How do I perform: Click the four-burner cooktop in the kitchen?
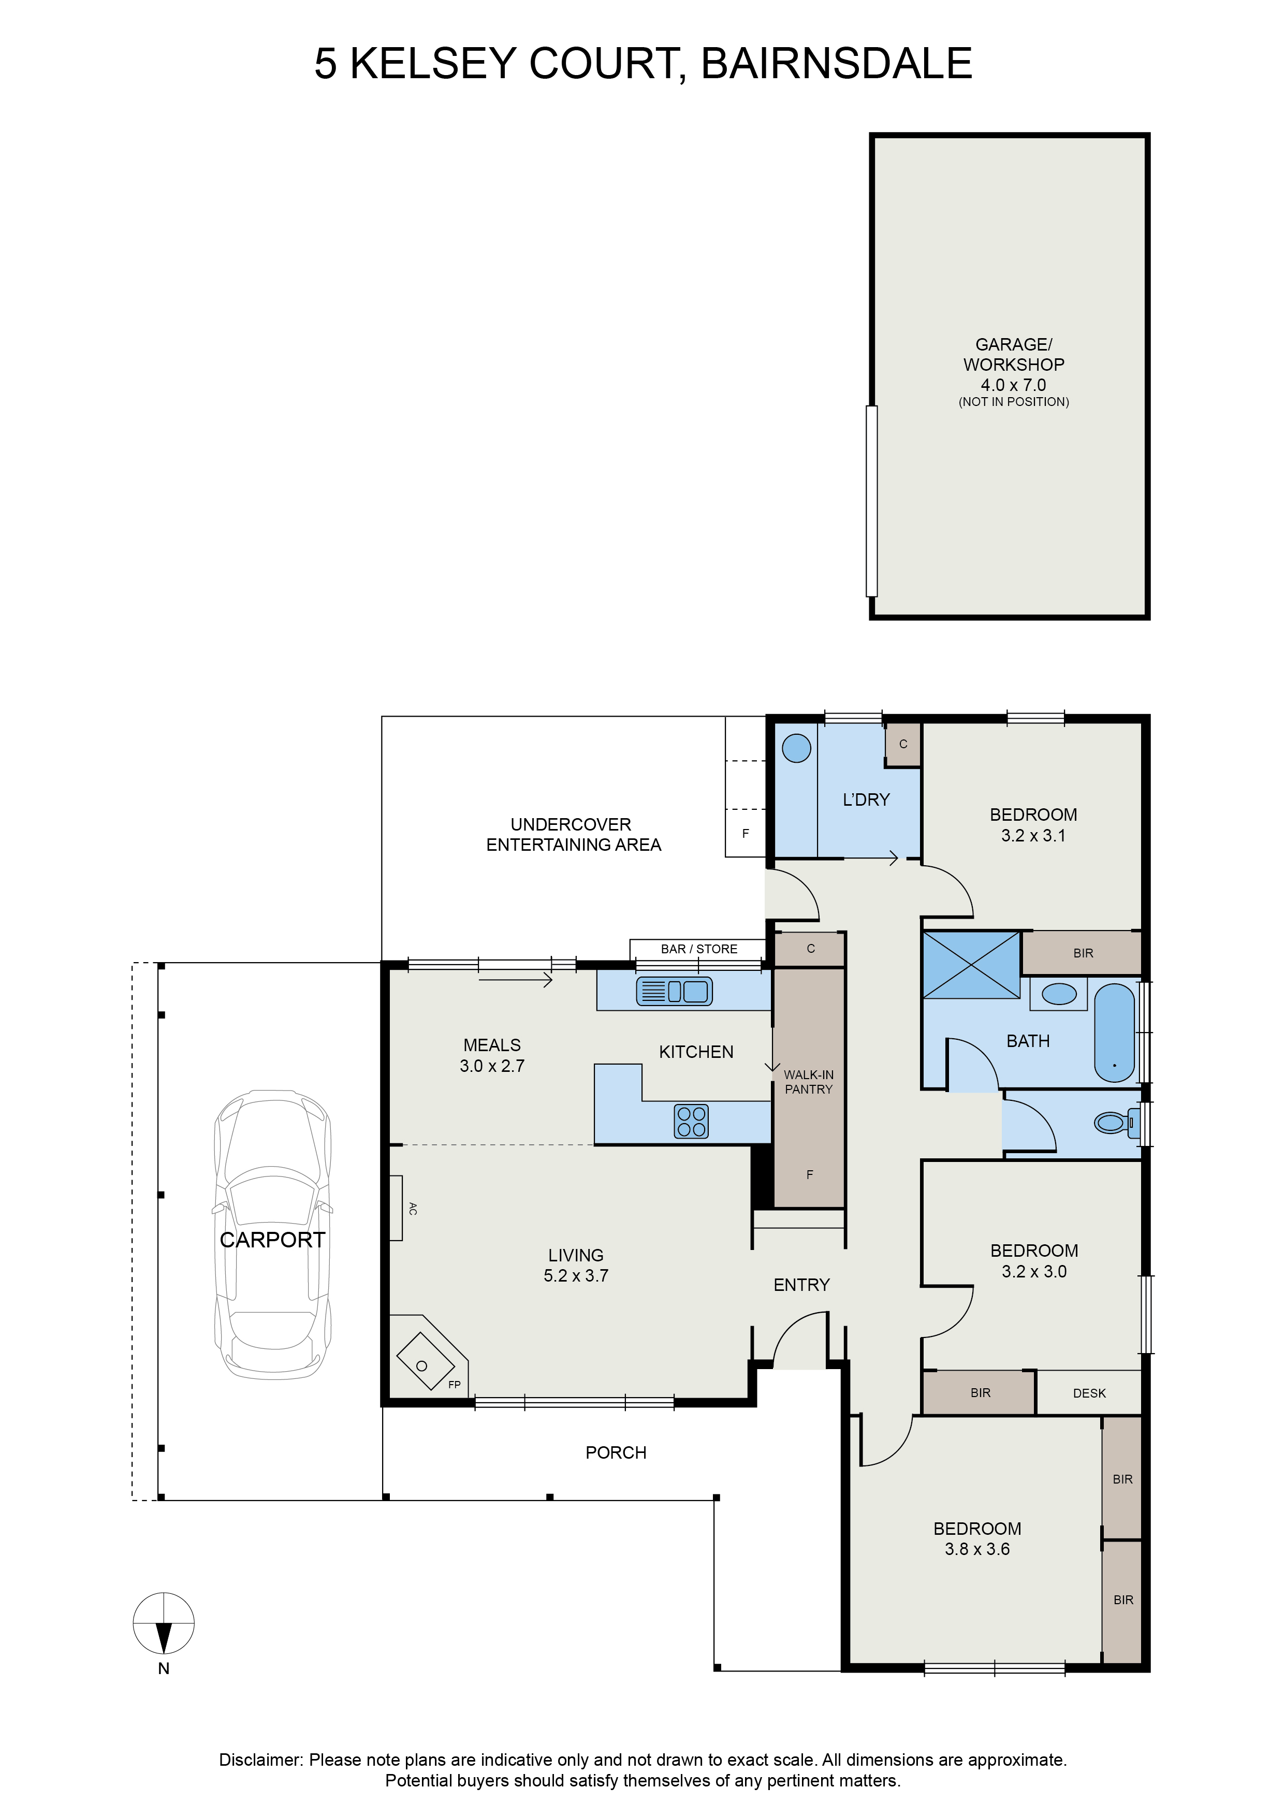tap(691, 1122)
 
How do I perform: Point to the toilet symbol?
tap(1116, 1122)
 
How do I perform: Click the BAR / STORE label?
tap(699, 949)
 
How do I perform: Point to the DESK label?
tap(1090, 1393)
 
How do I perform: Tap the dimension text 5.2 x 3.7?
tap(576, 1276)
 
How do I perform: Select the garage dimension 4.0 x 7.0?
tap(1014, 385)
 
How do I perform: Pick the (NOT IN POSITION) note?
tap(1014, 402)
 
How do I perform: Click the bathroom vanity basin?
tap(1059, 994)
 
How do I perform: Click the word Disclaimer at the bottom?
tap(261, 1760)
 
